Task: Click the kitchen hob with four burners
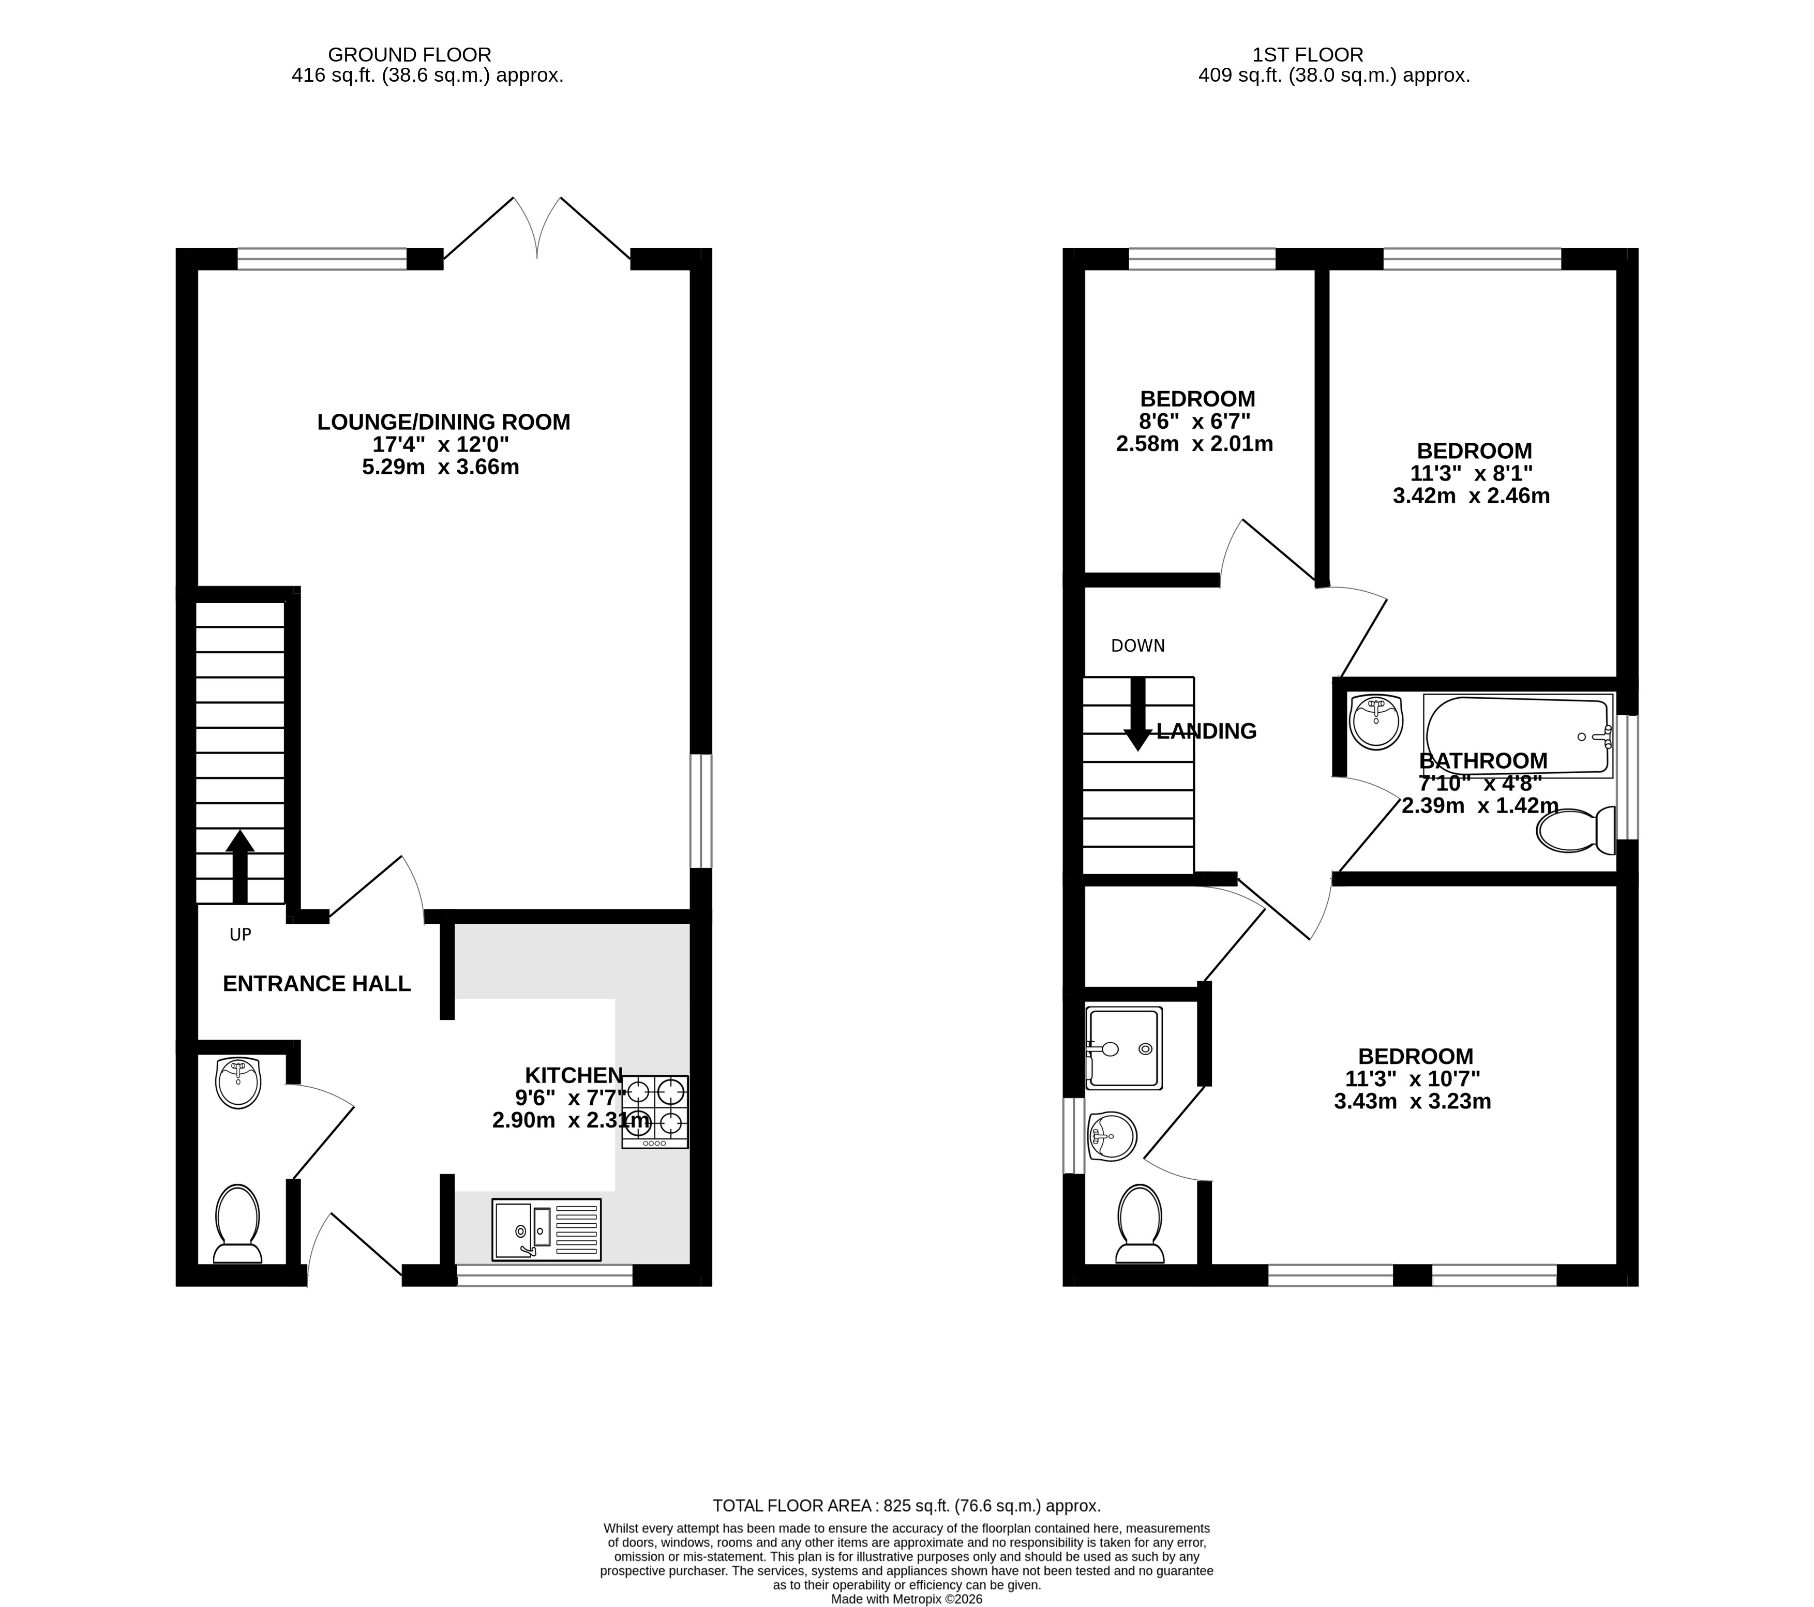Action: click(x=655, y=1112)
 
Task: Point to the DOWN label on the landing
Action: click(x=1138, y=646)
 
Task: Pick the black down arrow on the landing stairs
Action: click(x=1138, y=714)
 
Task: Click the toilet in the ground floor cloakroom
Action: click(x=238, y=1224)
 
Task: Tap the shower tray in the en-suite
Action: click(x=1123, y=1048)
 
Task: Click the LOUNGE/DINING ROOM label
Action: click(x=444, y=423)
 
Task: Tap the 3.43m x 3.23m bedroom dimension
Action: click(x=1413, y=1102)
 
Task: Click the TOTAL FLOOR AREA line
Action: click(x=907, y=1506)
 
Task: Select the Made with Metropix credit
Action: click(x=907, y=1599)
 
